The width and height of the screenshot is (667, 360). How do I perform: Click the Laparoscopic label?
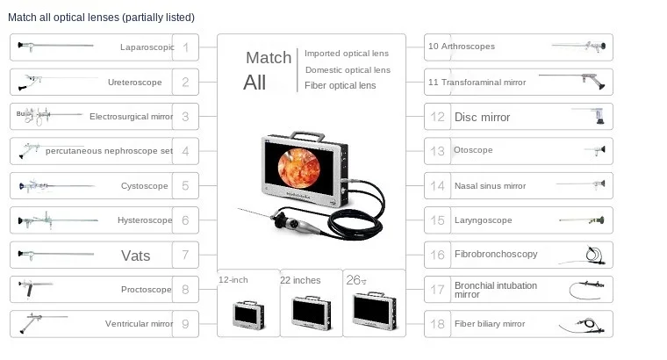147,47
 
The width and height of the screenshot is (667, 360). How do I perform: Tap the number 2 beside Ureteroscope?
185,83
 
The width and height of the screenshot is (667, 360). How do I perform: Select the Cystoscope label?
144,186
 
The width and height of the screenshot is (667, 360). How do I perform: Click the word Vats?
135,256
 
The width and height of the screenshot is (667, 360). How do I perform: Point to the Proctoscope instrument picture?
37,286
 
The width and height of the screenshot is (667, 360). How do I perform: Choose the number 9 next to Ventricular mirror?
185,324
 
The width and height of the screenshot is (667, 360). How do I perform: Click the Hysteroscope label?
144,220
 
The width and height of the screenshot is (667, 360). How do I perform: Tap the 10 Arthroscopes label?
461,47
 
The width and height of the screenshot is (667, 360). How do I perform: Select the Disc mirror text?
482,117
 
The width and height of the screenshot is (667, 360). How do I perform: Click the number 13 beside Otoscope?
437,151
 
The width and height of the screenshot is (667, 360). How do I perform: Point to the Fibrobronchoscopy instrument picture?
593,255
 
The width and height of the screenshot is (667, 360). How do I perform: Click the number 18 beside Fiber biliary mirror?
437,324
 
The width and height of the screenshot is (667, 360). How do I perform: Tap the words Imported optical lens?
347,54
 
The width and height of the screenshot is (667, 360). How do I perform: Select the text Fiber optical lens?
340,85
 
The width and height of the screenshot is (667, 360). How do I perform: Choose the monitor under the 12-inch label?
248,313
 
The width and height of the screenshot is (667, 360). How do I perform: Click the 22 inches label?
300,280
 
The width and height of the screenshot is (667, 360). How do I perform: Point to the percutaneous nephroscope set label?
109,151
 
